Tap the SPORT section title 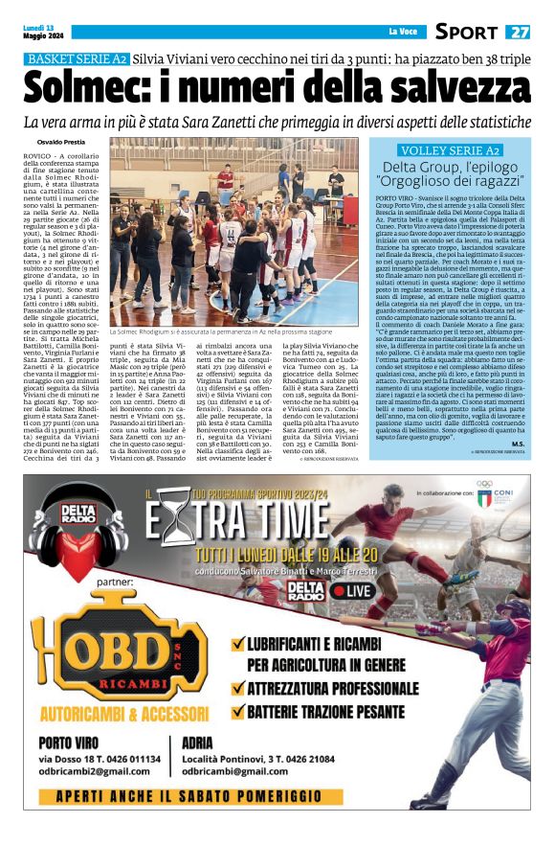pos(466,32)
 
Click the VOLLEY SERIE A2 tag pos(451,151)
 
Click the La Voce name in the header pos(401,33)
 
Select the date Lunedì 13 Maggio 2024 pos(40,32)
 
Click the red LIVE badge pos(354,591)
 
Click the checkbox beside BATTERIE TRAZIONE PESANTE pos(237,712)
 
